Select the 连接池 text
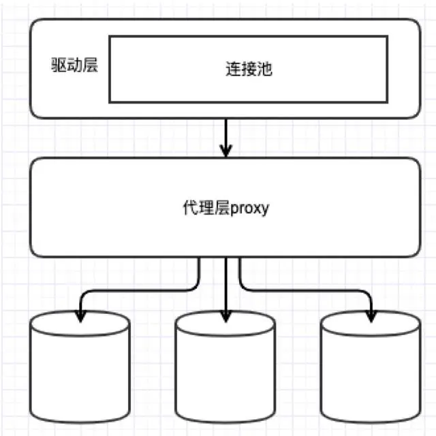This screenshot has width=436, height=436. [249, 69]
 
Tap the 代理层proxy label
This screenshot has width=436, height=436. [225, 208]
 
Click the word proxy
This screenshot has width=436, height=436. [250, 208]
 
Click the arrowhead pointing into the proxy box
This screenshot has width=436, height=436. [225, 151]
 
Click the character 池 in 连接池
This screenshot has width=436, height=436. [265, 69]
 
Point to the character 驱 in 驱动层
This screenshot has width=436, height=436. [60, 66]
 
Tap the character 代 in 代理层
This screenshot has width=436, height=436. [190, 208]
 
